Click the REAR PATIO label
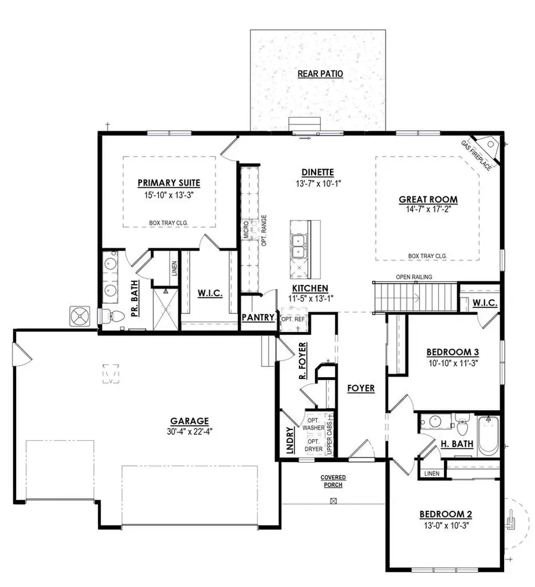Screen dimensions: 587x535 pos(320,74)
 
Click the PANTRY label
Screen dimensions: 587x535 pos(258,318)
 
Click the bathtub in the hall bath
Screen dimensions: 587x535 pos(489,437)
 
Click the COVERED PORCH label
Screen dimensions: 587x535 pos(333,481)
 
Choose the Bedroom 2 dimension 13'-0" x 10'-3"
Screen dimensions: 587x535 pos(445,525)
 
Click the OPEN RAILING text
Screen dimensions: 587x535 pos(414,277)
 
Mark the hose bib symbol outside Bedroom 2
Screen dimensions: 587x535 pos(509,522)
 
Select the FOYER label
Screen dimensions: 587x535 pos(361,388)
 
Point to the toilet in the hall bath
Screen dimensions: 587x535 pos(462,426)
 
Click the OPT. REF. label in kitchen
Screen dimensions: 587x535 pos(292,319)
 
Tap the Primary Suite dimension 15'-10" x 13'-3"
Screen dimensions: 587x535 pos(168,194)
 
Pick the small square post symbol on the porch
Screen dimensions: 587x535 pos(333,501)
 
